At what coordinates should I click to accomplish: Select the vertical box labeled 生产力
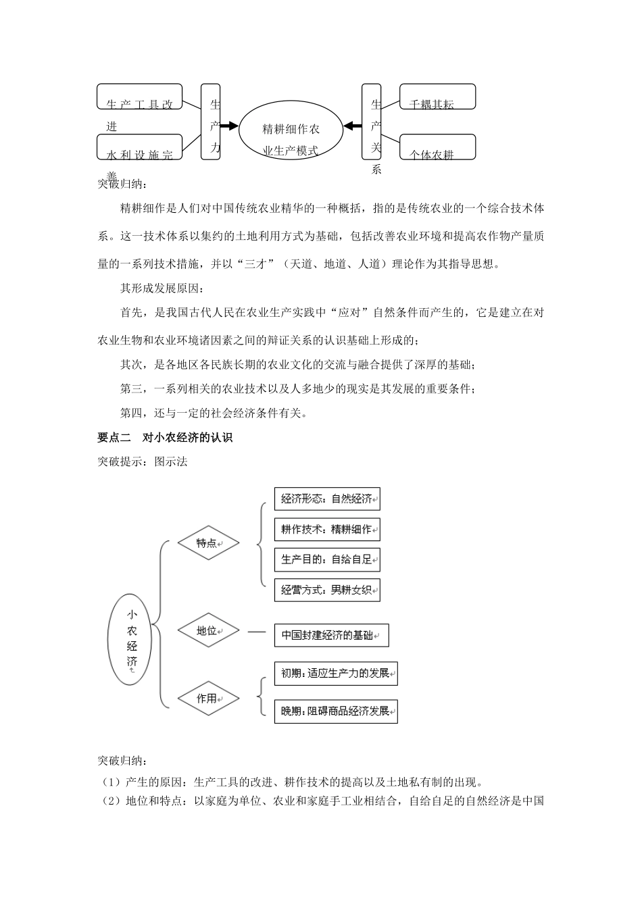pos(211,122)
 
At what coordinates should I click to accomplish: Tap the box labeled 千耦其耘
pos(438,97)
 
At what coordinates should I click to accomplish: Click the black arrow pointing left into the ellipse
pos(352,126)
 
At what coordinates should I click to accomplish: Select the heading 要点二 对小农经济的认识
pos(165,438)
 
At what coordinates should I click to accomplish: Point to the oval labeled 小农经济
pos(132,639)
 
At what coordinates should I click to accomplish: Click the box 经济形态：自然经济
pos(327,499)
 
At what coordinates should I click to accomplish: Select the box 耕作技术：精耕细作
pos(327,530)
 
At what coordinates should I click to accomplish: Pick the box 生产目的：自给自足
pos(327,559)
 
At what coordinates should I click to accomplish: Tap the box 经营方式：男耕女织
pos(327,590)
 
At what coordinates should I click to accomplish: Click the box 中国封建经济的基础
pos(331,635)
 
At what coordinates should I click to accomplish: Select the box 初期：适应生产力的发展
pos(336,674)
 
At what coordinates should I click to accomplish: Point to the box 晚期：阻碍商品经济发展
pos(336,711)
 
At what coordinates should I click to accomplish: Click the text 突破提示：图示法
pos(143,461)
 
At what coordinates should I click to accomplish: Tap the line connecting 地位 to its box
pos(257,632)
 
